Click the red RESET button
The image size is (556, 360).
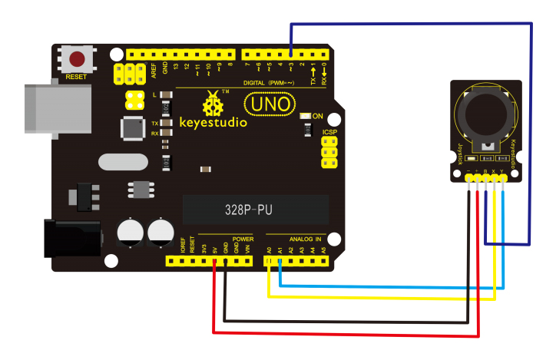click(78, 59)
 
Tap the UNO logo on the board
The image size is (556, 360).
click(268, 104)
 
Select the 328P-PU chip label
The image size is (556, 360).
click(255, 209)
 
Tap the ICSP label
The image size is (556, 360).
click(330, 131)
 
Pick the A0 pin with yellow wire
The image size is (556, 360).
click(269, 262)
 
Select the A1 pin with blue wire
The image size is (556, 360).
click(280, 262)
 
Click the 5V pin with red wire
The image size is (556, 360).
click(214, 262)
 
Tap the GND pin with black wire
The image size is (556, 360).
click(225, 262)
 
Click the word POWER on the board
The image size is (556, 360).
click(243, 239)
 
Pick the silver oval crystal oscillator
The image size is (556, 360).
click(121, 163)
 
